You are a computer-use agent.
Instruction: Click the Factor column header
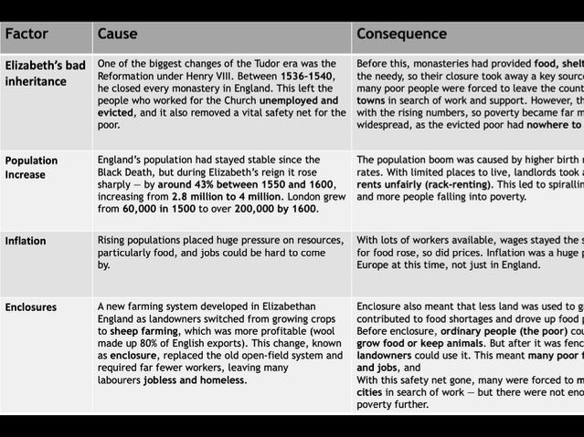27,35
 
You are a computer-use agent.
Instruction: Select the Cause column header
117,35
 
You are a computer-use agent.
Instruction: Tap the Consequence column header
401,35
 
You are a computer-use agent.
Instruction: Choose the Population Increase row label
32,167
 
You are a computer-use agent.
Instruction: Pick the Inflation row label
26,242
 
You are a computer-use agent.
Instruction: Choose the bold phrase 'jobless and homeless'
194,380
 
